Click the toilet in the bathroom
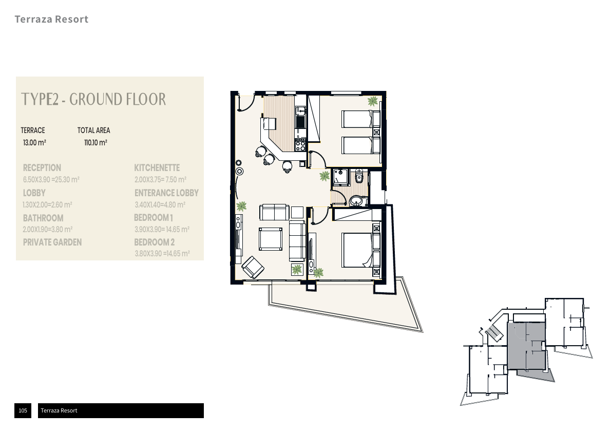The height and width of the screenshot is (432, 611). pos(359,177)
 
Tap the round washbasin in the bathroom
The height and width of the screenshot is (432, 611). pos(356,201)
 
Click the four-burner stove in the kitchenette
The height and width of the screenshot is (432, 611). pos(300,145)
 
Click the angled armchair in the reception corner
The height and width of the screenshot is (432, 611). pos(253,267)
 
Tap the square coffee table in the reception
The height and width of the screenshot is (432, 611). pos(271,239)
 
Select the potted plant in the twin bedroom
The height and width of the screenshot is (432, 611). pos(373,101)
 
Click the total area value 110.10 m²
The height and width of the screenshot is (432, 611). pos(96,143)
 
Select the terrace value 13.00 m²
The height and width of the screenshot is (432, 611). pos(34,143)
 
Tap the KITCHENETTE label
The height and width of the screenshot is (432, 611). pos(157,168)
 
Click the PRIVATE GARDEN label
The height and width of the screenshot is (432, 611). pos(52,242)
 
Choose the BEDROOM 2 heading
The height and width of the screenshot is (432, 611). pos(155,242)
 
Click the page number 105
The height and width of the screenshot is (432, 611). pos(23,410)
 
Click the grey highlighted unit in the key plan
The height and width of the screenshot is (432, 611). pos(526,346)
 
